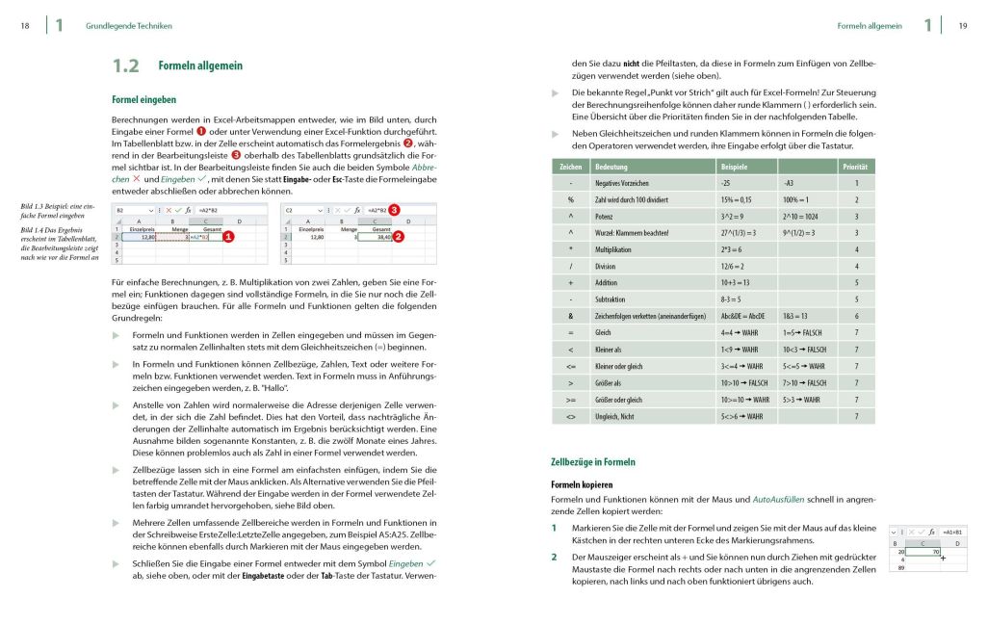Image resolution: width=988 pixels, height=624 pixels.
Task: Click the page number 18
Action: click(x=25, y=26)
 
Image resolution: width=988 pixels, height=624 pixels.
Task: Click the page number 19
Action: click(x=962, y=26)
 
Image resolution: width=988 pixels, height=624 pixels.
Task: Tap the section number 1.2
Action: click(x=126, y=66)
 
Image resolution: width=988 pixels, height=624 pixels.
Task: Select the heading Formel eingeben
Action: click(x=144, y=99)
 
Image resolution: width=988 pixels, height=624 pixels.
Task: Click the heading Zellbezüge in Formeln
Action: click(x=592, y=462)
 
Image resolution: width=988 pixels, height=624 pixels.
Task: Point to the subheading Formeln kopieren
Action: click(x=582, y=484)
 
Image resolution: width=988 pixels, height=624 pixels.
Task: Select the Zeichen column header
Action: click(x=571, y=167)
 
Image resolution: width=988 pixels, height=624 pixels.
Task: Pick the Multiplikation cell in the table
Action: click(x=618, y=248)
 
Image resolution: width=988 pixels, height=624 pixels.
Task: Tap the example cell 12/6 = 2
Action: click(x=736, y=266)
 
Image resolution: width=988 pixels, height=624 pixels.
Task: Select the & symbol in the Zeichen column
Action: click(x=571, y=316)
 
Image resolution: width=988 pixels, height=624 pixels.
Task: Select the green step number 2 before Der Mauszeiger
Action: click(x=554, y=557)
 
